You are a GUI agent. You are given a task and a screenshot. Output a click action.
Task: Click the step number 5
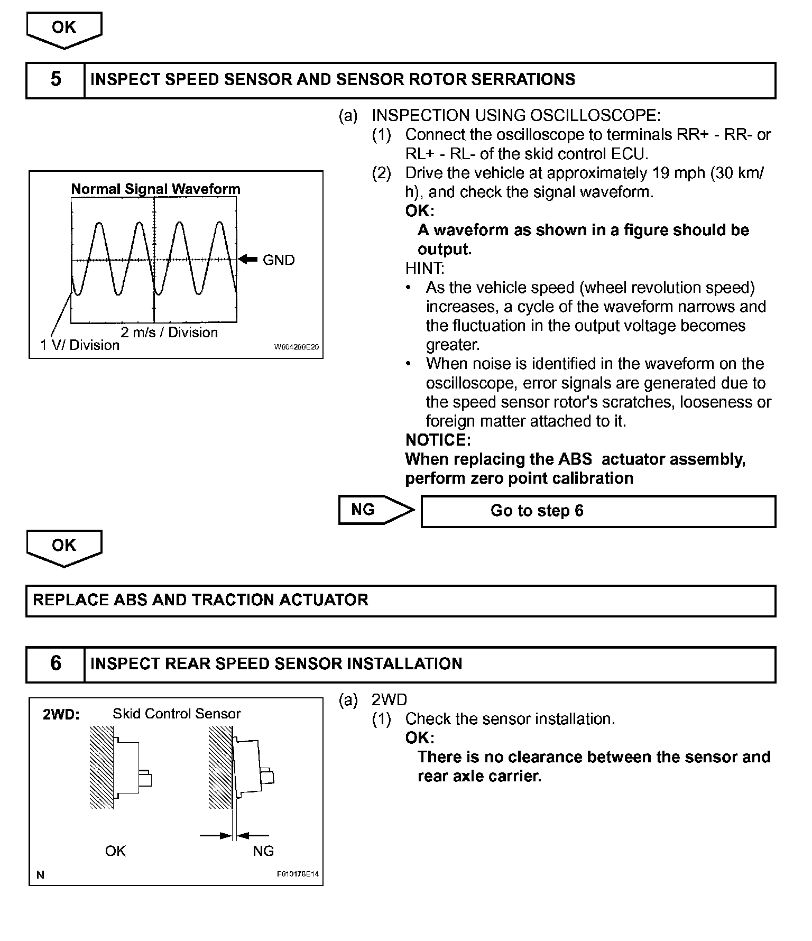[x=56, y=80]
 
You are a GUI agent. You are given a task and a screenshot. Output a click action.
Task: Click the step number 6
[x=56, y=664]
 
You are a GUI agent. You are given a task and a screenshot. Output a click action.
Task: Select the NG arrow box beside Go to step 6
[x=375, y=510]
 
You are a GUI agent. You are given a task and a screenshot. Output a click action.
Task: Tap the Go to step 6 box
[x=598, y=511]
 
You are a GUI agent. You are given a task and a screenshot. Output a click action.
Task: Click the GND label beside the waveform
[x=279, y=260]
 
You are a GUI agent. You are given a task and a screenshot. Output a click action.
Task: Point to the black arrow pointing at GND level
[x=247, y=259]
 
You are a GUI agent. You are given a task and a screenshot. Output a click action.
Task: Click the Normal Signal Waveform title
[x=155, y=189]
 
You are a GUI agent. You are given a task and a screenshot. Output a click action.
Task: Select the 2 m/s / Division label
[x=169, y=333]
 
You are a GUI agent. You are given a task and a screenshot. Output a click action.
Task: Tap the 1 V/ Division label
[x=80, y=346]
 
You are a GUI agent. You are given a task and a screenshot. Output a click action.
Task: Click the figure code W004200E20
[x=297, y=347]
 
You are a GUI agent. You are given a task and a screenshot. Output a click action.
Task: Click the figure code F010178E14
[x=298, y=874]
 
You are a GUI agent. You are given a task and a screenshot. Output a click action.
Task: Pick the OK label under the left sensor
[x=115, y=851]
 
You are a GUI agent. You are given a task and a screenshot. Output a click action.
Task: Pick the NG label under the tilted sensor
[x=263, y=851]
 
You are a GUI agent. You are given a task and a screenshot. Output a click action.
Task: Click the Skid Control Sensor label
[x=177, y=714]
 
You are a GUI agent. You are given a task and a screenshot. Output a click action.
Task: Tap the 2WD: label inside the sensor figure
[x=61, y=714]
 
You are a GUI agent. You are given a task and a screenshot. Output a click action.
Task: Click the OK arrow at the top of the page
[x=64, y=29]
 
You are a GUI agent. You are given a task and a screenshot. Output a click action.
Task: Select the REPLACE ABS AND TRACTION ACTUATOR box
[x=401, y=601]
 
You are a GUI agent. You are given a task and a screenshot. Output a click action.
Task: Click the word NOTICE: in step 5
[x=438, y=440]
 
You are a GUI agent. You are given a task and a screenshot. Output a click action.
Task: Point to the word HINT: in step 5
[x=425, y=269]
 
